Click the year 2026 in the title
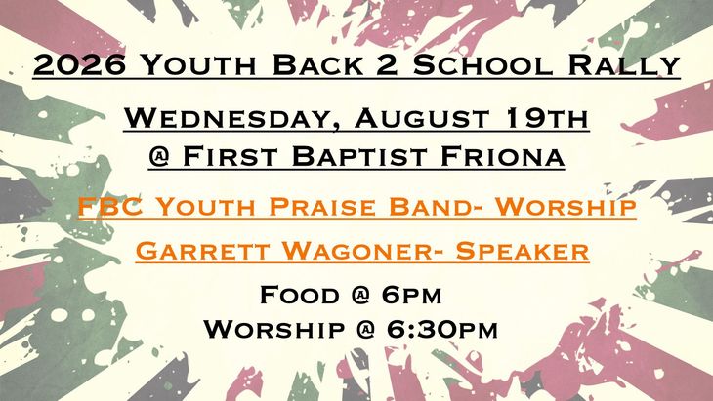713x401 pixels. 79,65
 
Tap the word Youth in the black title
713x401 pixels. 198,65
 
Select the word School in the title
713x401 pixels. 482,65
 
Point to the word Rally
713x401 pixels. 624,65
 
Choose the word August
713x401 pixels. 423,118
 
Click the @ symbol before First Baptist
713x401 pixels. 158,157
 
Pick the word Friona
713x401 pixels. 502,157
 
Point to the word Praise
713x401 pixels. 322,206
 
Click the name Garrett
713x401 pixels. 202,251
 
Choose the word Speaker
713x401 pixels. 523,251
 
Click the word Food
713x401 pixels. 300,295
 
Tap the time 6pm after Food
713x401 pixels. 411,295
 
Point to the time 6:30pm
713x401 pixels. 442,329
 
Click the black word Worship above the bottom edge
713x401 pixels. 273,329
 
